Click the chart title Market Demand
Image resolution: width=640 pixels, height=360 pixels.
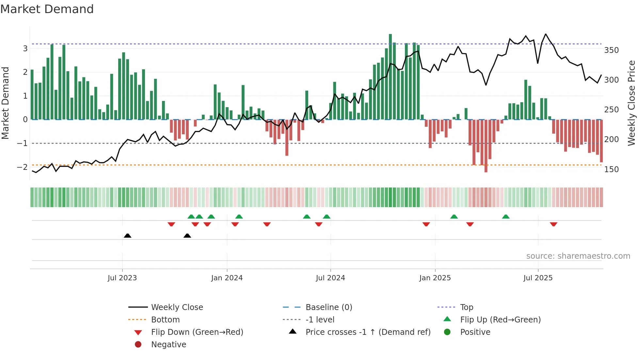click(47, 9)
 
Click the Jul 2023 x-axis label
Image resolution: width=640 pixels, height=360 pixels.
click(122, 278)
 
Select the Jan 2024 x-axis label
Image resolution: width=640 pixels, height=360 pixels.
click(227, 278)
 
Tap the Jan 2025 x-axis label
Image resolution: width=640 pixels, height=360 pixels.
click(435, 278)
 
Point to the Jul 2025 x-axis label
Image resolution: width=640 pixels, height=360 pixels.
click(538, 278)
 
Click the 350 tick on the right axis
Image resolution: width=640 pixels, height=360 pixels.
click(611, 50)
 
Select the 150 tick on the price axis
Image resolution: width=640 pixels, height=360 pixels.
click(611, 170)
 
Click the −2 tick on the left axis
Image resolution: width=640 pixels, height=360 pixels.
click(22, 167)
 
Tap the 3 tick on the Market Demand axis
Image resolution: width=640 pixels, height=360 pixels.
click(25, 49)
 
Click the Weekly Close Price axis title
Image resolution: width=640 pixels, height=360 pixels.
click(632, 103)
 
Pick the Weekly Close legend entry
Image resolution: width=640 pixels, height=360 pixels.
click(177, 307)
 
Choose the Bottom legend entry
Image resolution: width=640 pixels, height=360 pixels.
click(165, 320)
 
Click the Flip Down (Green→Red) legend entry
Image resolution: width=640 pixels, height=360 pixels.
click(197, 332)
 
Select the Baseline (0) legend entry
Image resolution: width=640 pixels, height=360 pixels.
click(328, 307)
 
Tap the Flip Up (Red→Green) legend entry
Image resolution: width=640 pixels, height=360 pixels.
click(500, 320)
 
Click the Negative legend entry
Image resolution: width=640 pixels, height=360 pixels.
click(168, 345)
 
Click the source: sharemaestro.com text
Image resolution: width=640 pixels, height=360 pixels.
click(578, 256)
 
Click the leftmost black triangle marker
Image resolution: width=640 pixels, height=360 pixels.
click(128, 236)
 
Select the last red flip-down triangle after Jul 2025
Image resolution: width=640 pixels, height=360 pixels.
click(553, 224)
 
